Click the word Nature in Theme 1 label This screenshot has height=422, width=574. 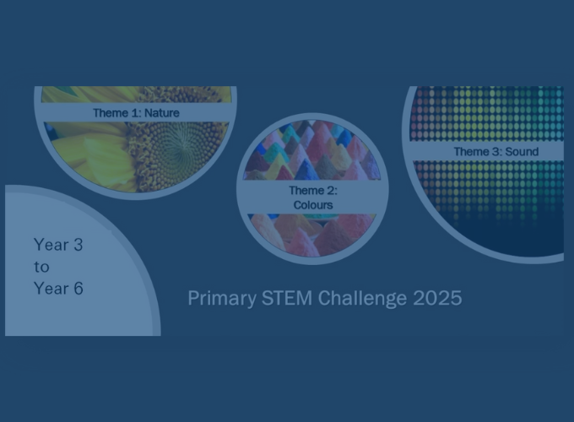162,113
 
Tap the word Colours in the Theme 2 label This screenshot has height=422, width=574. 313,205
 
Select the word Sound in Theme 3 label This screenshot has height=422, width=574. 522,152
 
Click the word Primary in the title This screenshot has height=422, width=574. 222,299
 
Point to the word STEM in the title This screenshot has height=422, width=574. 287,298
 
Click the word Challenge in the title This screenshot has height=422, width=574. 362,299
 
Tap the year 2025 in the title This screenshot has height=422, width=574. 437,298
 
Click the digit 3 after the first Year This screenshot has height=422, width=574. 79,245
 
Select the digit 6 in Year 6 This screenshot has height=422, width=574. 79,289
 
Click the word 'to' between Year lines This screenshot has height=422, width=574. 41,267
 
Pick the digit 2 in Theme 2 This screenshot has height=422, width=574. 331,190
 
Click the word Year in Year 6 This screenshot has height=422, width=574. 51,289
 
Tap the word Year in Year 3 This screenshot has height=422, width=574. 51,245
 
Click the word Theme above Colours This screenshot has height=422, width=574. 306,190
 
